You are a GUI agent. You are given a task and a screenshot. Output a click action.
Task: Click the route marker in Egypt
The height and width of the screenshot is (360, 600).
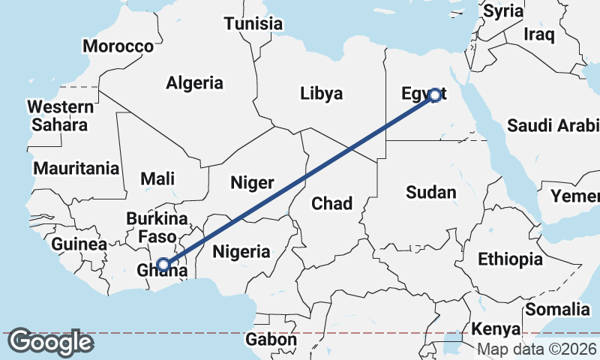pyautogui.click(x=434, y=95)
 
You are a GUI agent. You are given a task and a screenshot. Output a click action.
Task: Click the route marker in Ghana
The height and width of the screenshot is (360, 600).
pyautogui.click(x=163, y=264)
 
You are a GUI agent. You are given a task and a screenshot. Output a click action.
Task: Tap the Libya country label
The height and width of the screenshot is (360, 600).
pyautogui.click(x=321, y=94)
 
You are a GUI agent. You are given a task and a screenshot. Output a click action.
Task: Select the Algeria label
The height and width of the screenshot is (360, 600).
pyautogui.click(x=195, y=82)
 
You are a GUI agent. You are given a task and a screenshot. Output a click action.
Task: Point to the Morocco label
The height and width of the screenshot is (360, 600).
pyautogui.click(x=118, y=46)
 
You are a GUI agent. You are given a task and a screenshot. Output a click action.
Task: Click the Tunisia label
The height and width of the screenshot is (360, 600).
pyautogui.click(x=253, y=23)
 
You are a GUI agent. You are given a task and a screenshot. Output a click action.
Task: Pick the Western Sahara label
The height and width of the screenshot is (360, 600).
pyautogui.click(x=56, y=115)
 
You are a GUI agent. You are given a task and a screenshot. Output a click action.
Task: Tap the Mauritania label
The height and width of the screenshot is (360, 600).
pyautogui.click(x=76, y=168)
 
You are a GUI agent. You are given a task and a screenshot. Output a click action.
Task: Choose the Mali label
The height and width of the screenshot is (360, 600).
pyautogui.click(x=157, y=178)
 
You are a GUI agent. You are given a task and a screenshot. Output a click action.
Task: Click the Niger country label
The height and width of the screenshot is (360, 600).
pyautogui.click(x=252, y=182)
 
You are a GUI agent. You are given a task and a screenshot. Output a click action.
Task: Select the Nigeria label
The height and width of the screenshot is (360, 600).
pyautogui.click(x=241, y=251)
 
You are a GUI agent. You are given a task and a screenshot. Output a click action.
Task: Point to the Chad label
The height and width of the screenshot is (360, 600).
pyautogui.click(x=331, y=202)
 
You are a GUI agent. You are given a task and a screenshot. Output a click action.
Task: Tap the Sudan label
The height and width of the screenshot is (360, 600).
pyautogui.click(x=430, y=192)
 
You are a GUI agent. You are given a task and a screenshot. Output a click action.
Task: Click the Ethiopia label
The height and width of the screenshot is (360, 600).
pyautogui.click(x=510, y=259)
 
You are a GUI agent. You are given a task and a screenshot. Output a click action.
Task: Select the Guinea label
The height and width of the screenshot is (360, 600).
pyautogui.click(x=79, y=244)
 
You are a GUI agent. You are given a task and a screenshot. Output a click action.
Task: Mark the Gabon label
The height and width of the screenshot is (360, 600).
pyautogui.click(x=271, y=340)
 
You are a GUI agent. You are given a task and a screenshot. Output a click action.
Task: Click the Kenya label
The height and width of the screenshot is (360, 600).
pyautogui.click(x=496, y=329)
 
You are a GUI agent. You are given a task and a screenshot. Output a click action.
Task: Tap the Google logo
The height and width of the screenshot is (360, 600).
pyautogui.click(x=51, y=342)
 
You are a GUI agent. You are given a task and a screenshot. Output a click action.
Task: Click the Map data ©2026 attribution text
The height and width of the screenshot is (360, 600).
pyautogui.click(x=537, y=349)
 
